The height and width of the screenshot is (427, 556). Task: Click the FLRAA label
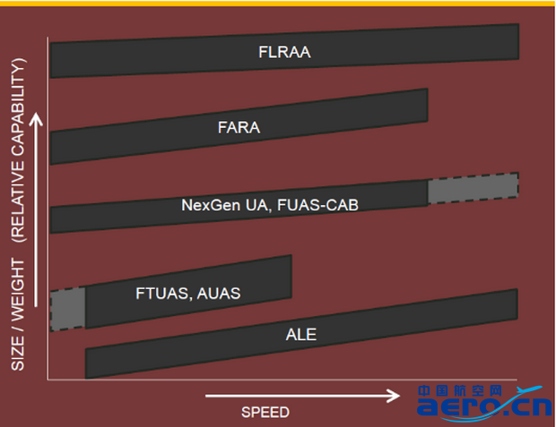click(x=283, y=52)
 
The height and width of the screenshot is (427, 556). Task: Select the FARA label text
click(x=239, y=127)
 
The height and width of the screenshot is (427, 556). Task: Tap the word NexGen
click(x=205, y=204)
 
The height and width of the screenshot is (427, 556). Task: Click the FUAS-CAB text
click(x=317, y=204)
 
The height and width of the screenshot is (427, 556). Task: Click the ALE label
click(x=301, y=336)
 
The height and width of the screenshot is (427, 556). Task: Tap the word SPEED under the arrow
click(x=265, y=412)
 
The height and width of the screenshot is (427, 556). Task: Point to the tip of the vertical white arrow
click(x=37, y=116)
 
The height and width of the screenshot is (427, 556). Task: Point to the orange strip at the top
click(x=278, y=3)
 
